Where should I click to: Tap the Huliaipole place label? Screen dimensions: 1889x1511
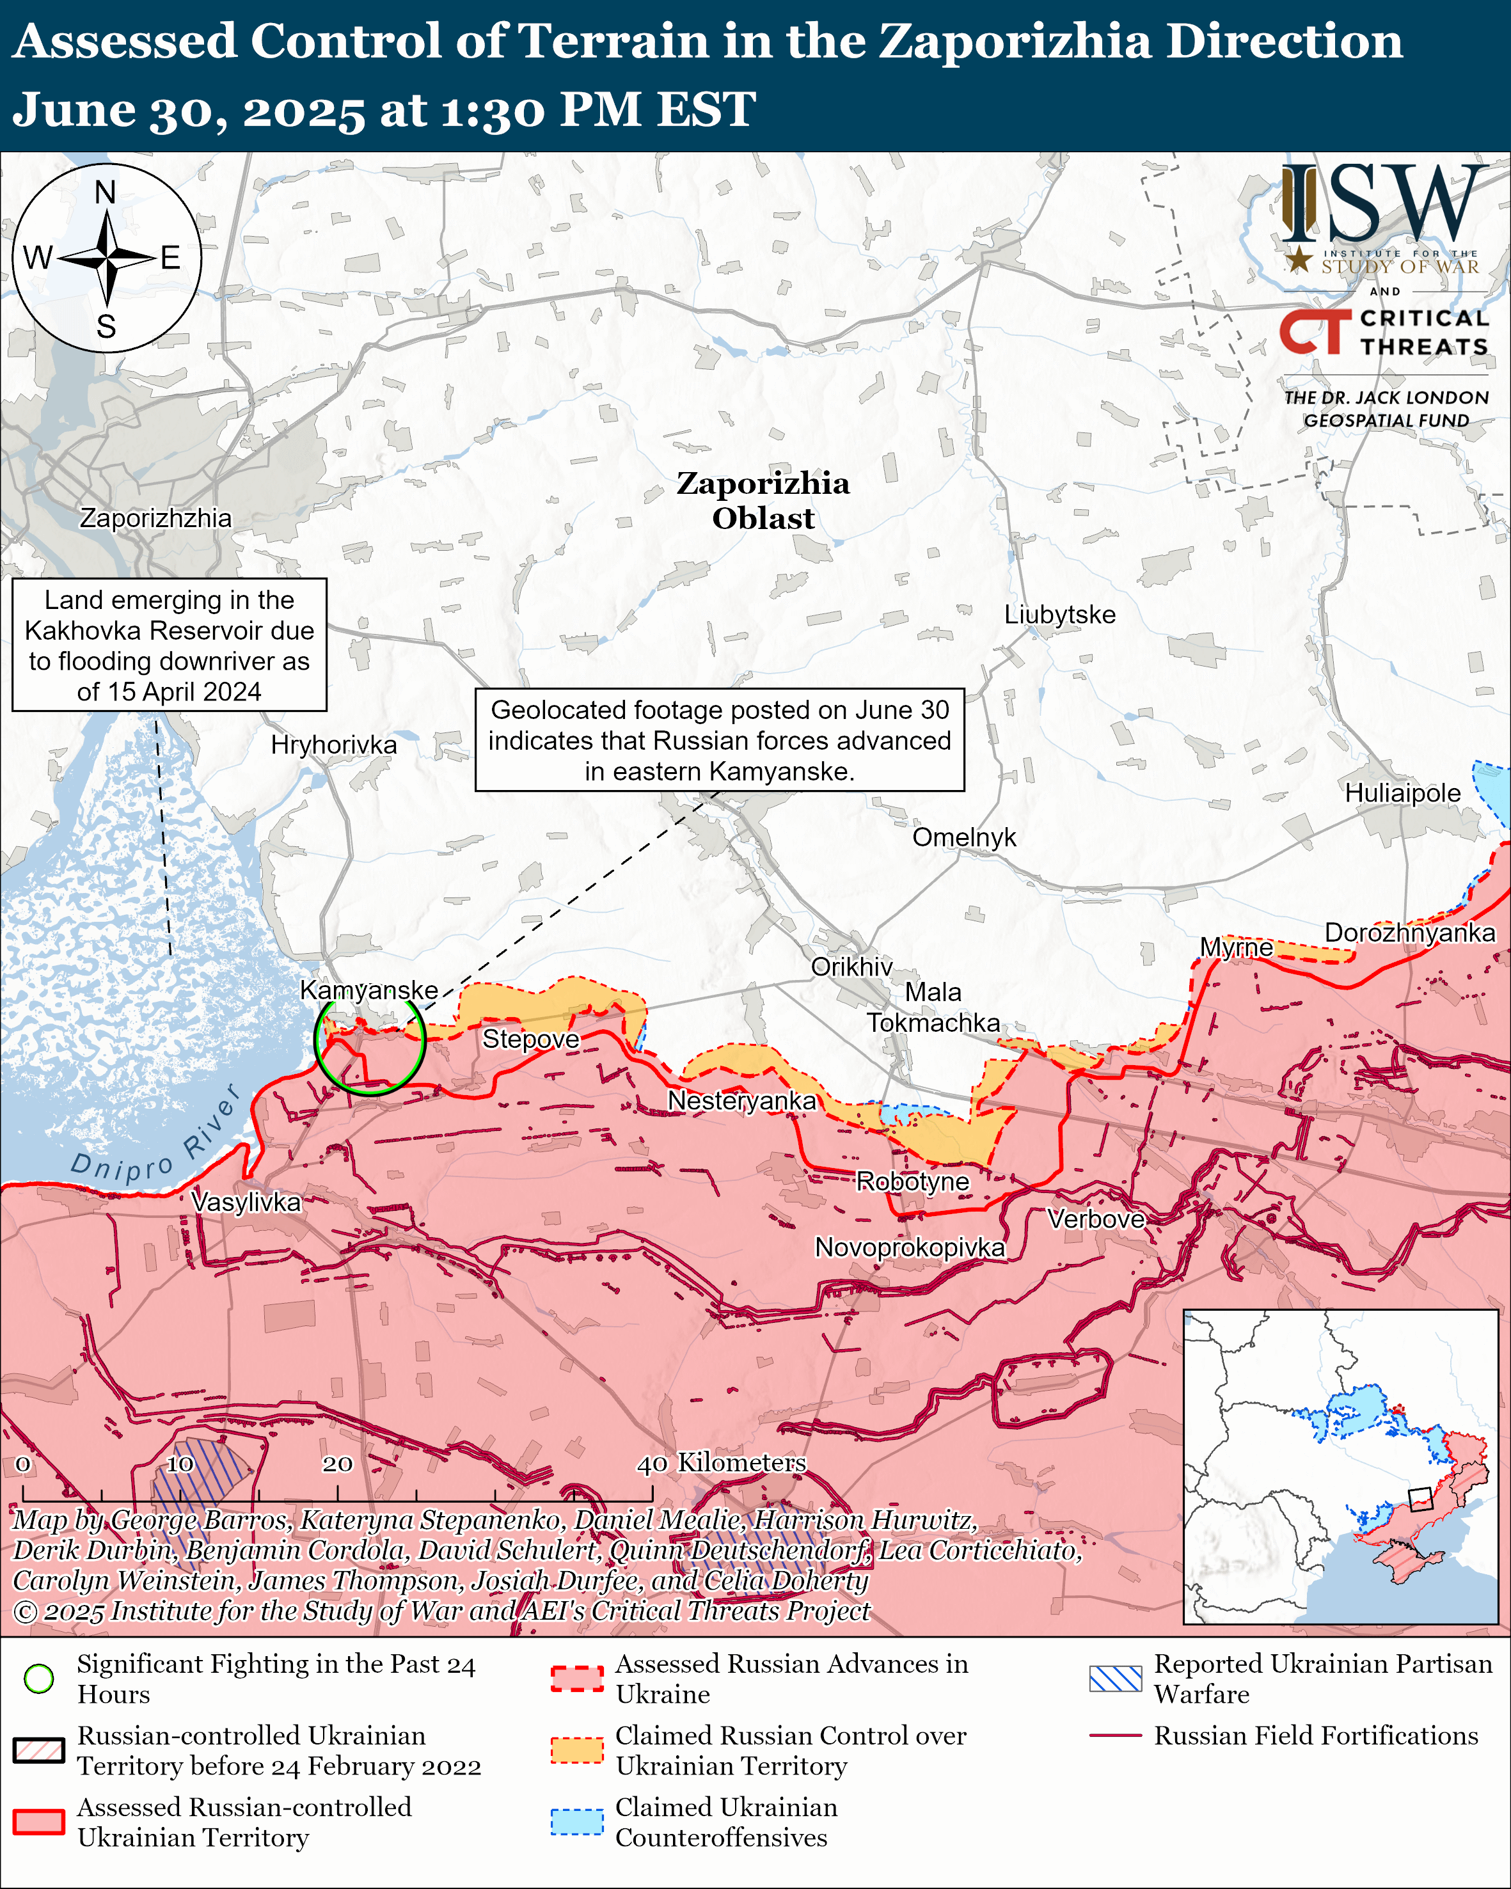click(1402, 793)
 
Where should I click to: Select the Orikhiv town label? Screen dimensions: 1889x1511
click(851, 967)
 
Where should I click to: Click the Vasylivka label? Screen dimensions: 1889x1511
click(246, 1201)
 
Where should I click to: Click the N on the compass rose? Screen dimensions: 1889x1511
click(105, 192)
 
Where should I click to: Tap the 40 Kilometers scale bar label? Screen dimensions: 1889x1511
click(721, 1462)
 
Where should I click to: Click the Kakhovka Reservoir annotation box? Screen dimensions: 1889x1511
click(169, 645)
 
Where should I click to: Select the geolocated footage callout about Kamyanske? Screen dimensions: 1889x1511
click(719, 740)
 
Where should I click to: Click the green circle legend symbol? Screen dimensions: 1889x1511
click(38, 1678)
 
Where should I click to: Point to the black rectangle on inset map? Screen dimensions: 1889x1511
click(1420, 1499)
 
